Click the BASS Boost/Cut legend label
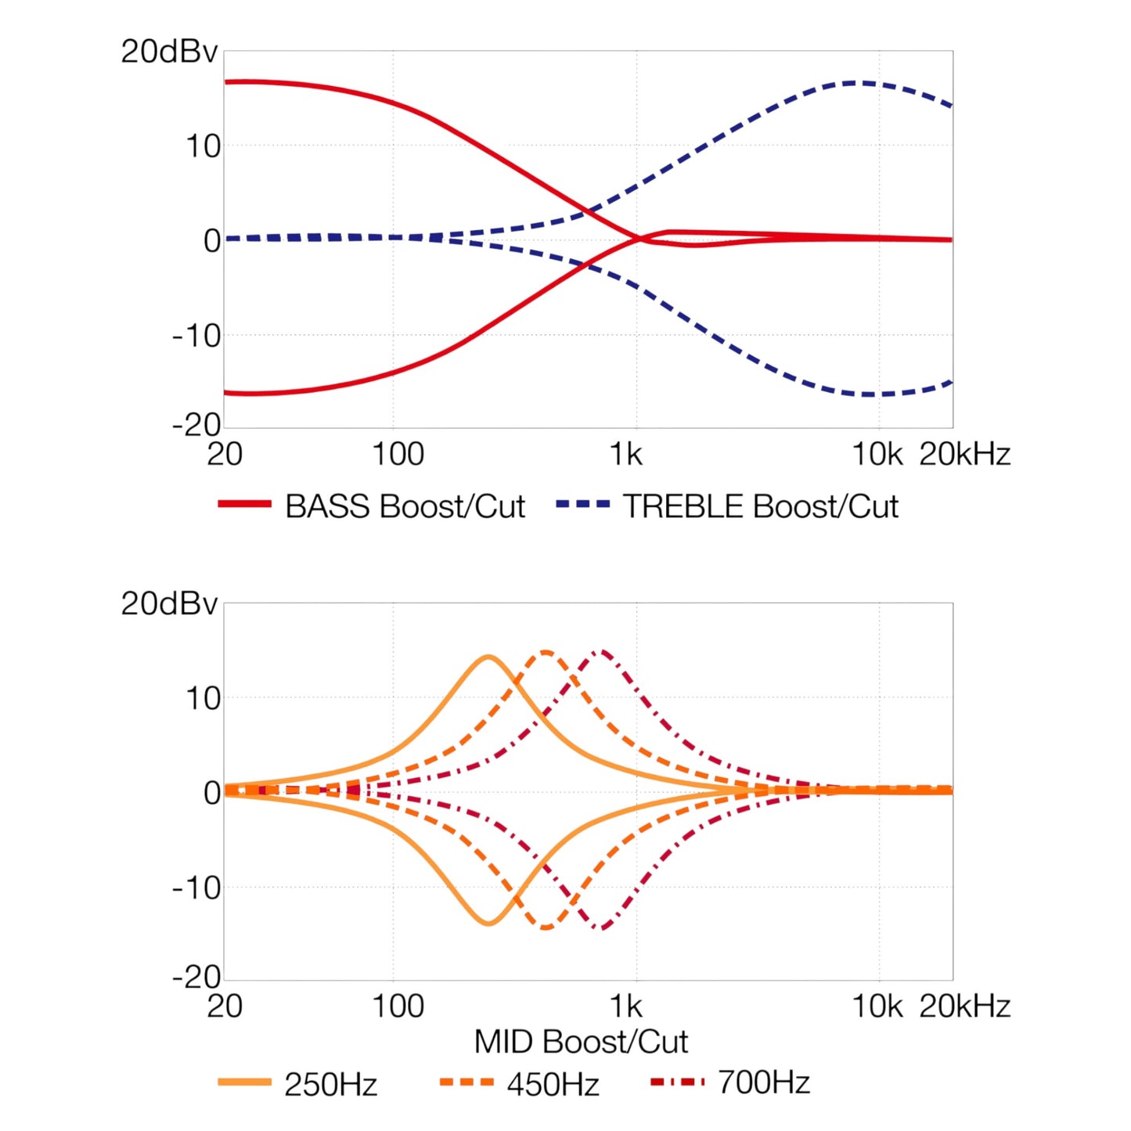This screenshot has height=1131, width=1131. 405,506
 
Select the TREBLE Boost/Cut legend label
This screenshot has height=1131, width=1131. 761,506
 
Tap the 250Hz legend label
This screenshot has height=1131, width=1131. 330,1085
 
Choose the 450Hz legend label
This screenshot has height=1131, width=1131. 553,1085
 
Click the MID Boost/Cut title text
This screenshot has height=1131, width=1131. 581,1042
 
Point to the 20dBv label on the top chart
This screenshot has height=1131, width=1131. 169,52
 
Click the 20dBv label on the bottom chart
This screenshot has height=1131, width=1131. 169,604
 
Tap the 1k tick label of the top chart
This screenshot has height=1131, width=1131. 627,455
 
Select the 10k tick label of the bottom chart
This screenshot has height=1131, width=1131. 877,1007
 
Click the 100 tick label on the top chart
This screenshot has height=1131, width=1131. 398,455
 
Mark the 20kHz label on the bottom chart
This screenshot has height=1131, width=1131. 965,1007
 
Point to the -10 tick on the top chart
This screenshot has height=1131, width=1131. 196,337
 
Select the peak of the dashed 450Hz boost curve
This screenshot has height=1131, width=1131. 546,652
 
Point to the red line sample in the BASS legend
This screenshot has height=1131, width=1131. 245,504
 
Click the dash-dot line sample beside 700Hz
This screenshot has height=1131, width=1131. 677,1082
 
